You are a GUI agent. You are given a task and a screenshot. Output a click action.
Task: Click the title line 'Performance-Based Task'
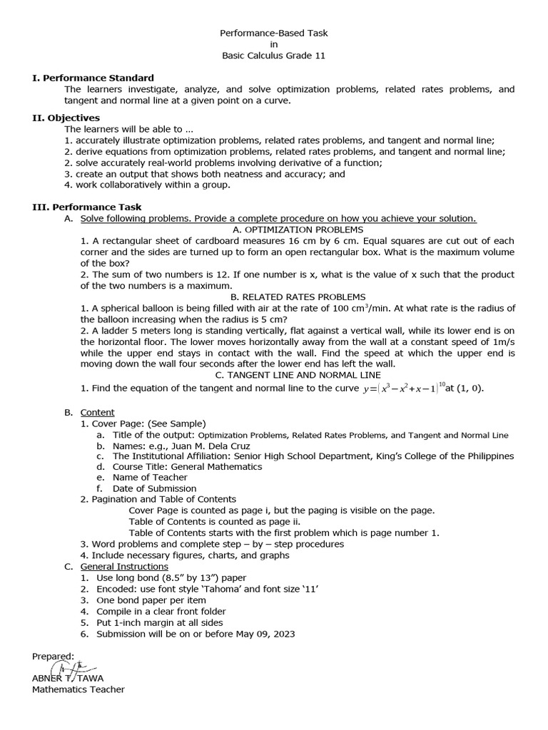[274, 33]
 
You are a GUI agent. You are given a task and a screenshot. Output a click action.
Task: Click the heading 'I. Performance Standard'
[93, 78]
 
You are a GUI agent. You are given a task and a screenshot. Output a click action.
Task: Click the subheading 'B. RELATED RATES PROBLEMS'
[298, 297]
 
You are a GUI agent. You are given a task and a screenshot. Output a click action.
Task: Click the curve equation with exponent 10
[404, 388]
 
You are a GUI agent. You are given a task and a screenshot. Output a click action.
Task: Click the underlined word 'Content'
[97, 412]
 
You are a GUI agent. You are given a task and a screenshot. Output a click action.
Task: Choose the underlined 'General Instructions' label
[124, 566]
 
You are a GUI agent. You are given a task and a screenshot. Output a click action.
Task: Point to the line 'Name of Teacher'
[150, 478]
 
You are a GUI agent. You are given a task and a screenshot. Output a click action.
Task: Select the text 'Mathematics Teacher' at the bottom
[78, 689]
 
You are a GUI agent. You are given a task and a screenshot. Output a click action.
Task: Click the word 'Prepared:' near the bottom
[53, 656]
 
